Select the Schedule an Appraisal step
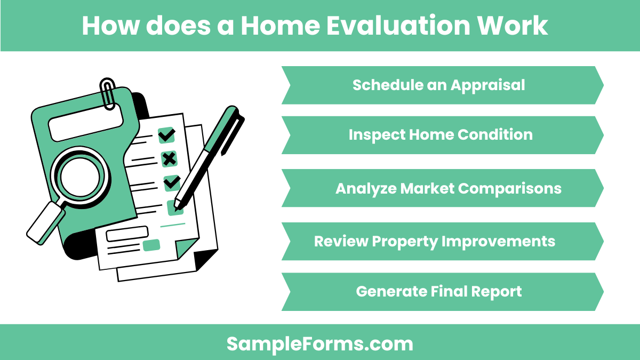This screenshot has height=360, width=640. (438, 85)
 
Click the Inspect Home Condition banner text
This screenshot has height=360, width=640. (441, 135)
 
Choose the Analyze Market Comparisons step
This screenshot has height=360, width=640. (448, 188)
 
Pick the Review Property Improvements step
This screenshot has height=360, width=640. (435, 241)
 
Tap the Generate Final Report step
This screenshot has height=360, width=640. (438, 292)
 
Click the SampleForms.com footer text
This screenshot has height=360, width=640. (319, 343)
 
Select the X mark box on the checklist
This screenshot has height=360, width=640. (169, 158)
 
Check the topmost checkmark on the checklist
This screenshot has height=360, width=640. (167, 135)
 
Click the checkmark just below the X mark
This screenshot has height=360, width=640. (171, 182)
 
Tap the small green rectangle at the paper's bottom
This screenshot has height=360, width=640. (151, 245)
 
